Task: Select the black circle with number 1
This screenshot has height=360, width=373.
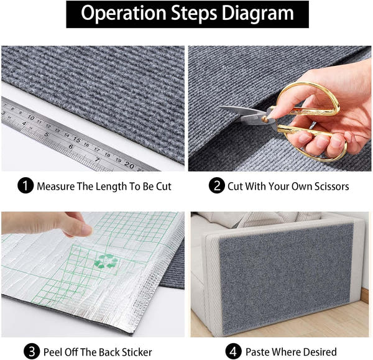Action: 26,186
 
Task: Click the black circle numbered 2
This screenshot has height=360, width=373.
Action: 216,186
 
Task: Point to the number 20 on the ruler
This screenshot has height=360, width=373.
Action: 129,165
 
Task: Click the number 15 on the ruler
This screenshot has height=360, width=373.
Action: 77,139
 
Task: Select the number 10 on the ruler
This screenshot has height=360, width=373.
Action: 30,117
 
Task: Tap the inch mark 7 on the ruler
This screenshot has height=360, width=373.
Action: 97,159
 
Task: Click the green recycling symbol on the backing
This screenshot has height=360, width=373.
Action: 106,261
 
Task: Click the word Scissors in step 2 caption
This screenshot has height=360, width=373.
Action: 328,186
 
